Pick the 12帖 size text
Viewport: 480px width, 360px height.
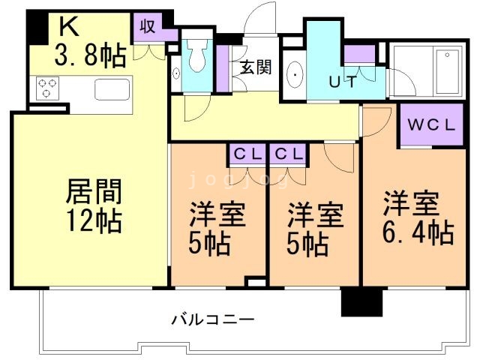[x=94, y=222]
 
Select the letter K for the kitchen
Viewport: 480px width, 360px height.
[x=67, y=28]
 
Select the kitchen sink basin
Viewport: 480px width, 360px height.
[x=109, y=89]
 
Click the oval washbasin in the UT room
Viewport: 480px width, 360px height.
[x=295, y=75]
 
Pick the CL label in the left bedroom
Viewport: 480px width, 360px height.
[x=247, y=154]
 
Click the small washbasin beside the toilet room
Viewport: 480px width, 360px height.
[x=175, y=74]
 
